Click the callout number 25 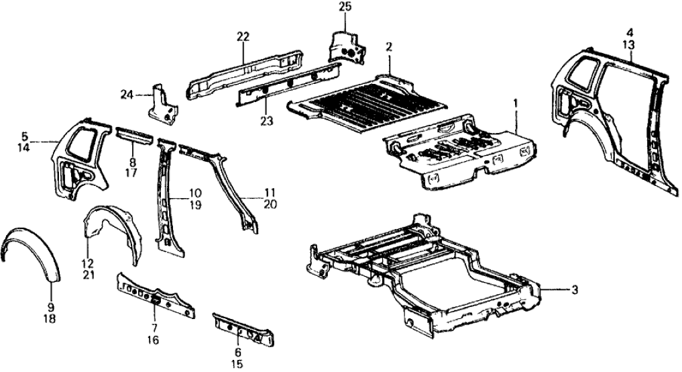click(345, 7)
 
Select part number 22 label click(242, 36)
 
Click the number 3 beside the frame click(574, 290)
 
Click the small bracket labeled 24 click(163, 103)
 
